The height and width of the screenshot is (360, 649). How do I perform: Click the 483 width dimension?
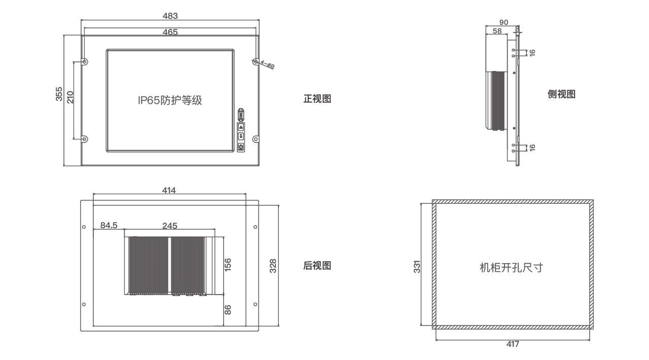click(x=170, y=16)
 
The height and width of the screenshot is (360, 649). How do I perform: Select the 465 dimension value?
click(x=170, y=32)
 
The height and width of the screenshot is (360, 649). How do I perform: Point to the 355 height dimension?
click(x=59, y=94)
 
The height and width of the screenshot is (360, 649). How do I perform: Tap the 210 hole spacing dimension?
click(x=70, y=97)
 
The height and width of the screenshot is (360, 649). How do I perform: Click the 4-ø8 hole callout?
click(x=267, y=64)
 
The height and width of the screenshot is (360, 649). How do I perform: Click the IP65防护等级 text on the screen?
click(x=170, y=100)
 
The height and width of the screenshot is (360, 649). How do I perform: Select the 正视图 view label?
click(x=317, y=99)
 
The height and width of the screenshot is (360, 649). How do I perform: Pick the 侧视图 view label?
click(x=561, y=94)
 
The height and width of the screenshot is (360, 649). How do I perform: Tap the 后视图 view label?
click(x=317, y=266)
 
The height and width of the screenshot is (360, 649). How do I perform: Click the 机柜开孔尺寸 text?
click(x=512, y=268)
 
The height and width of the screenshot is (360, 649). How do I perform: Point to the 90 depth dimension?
click(x=503, y=22)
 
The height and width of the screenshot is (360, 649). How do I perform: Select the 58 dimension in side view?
click(x=497, y=31)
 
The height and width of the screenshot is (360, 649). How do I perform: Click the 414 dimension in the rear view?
click(x=169, y=190)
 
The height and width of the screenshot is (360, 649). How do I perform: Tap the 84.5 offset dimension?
click(x=109, y=225)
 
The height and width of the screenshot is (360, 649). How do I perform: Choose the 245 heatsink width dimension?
click(x=170, y=226)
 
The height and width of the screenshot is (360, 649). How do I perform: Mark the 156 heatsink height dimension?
click(x=228, y=265)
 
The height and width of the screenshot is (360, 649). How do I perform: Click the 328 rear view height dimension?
click(x=273, y=266)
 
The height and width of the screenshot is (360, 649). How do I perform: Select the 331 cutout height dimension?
click(x=417, y=267)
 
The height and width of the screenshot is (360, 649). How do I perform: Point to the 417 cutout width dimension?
click(x=513, y=344)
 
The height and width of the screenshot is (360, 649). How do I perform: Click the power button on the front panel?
click(x=241, y=147)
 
